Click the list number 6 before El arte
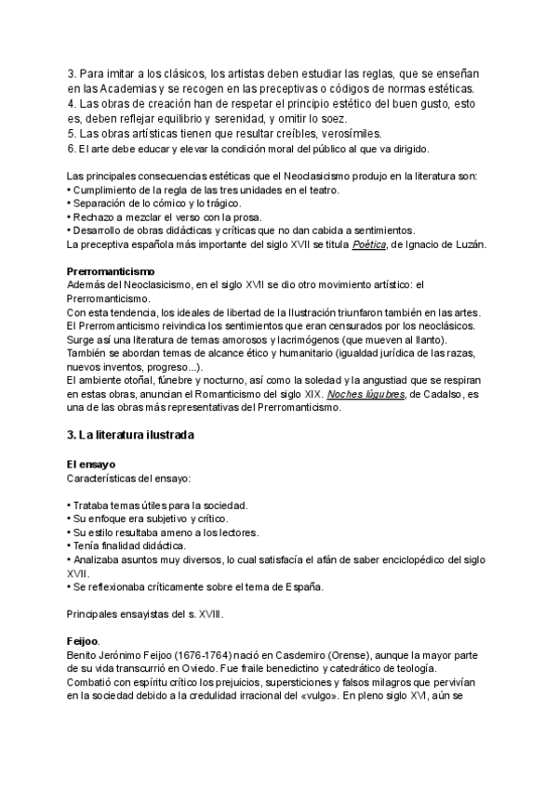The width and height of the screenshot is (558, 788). (72, 149)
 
